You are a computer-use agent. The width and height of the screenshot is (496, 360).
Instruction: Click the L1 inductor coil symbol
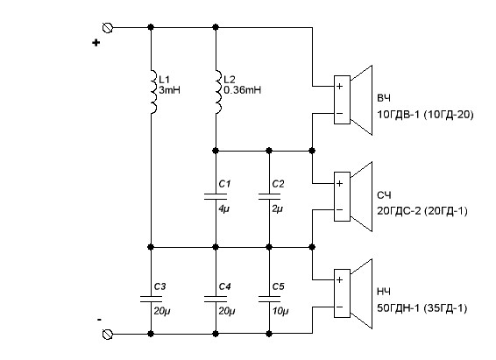point(153,92)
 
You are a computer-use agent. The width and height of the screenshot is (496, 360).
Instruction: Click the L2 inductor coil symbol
point(218,92)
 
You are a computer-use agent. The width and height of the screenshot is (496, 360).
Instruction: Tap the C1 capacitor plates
point(216,196)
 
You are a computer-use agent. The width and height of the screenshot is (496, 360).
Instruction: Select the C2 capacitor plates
point(269,196)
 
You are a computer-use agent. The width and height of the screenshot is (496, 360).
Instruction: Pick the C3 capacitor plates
point(151,299)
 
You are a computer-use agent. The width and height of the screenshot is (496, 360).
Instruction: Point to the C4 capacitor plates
point(216,299)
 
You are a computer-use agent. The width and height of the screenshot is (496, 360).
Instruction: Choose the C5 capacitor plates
point(269,299)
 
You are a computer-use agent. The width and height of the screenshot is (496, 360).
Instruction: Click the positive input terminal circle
point(108,28)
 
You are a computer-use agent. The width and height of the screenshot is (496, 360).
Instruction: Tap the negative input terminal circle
point(108,334)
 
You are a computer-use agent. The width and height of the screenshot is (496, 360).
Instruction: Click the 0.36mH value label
point(243,90)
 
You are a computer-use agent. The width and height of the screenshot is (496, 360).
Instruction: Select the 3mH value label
point(169,90)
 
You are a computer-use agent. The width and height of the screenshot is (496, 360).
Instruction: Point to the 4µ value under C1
point(223,209)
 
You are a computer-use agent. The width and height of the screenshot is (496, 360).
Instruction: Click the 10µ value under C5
point(280,311)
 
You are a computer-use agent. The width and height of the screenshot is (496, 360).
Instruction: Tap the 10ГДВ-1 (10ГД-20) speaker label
point(425,115)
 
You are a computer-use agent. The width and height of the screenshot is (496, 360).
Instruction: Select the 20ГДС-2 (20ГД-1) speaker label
point(422,211)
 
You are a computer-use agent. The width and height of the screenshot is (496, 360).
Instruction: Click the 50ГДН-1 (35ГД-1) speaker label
point(422,307)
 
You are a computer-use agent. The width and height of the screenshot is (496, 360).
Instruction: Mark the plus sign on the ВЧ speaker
point(339,86)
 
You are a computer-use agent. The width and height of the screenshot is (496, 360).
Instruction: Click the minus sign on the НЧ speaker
point(339,307)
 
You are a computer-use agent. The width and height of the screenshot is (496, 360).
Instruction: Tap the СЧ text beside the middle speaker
point(384,195)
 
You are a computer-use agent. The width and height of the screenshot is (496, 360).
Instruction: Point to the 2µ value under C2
point(278,209)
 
